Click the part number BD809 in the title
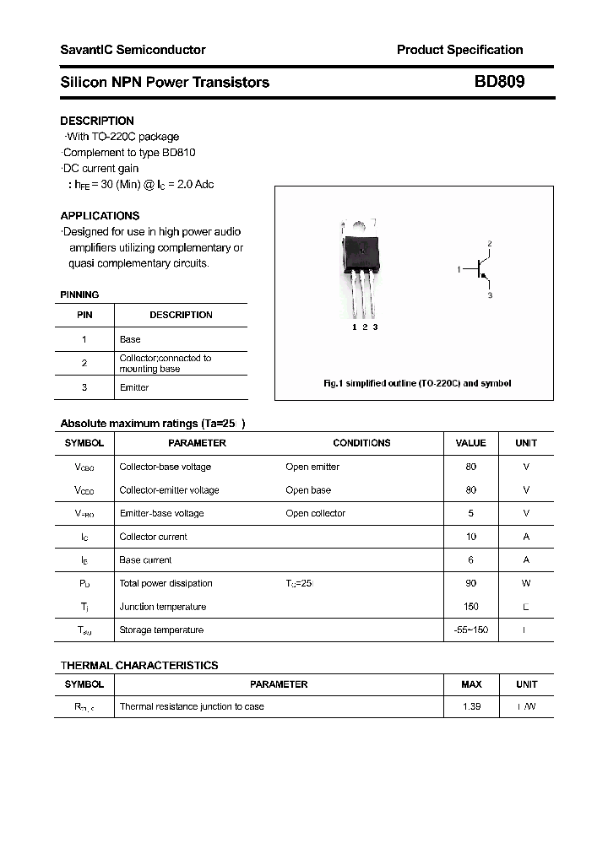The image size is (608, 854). pyautogui.click(x=499, y=82)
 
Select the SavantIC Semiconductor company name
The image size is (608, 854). pyautogui.click(x=133, y=50)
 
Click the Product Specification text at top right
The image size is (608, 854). pyautogui.click(x=459, y=50)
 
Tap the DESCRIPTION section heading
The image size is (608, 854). pyautogui.click(x=97, y=121)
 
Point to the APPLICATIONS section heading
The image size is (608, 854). pyautogui.click(x=100, y=215)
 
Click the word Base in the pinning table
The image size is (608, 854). pyautogui.click(x=130, y=339)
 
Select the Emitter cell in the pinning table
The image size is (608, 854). pyautogui.click(x=134, y=387)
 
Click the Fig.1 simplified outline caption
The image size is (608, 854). pyautogui.click(x=417, y=383)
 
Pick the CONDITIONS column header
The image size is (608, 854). pyautogui.click(x=361, y=443)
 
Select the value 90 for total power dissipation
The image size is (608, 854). pyautogui.click(x=470, y=583)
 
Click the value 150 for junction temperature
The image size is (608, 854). pyautogui.click(x=470, y=607)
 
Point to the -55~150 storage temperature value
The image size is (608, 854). pyautogui.click(x=470, y=630)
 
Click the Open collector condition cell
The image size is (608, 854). pyautogui.click(x=315, y=513)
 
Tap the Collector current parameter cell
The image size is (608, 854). pyautogui.click(x=153, y=537)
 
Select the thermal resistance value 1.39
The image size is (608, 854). pyautogui.click(x=471, y=706)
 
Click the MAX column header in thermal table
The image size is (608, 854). pyautogui.click(x=471, y=684)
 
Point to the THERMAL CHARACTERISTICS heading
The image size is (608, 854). pyautogui.click(x=139, y=665)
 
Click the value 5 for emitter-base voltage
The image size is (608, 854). pyautogui.click(x=470, y=513)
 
